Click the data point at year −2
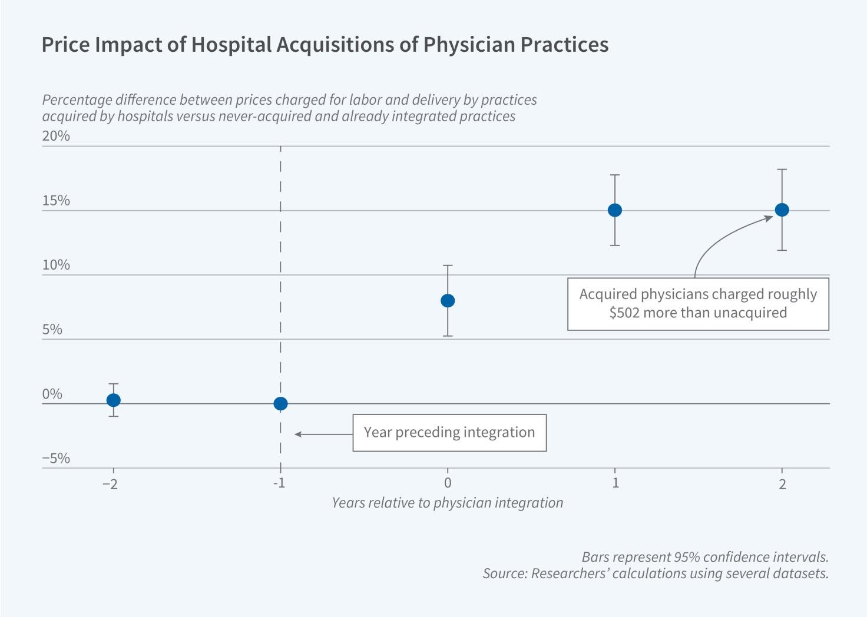[113, 400]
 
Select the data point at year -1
[280, 404]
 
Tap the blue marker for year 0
[448, 301]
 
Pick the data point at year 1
[615, 210]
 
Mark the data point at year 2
[782, 210]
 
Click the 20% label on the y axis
[56, 136]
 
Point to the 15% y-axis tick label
[56, 201]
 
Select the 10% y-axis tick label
[56, 265]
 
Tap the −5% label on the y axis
[56, 458]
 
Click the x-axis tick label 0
[448, 483]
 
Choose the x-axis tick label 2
[782, 484]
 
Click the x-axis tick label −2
[110, 484]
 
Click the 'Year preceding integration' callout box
[449, 433]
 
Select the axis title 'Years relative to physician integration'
[447, 503]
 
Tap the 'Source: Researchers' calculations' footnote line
[656, 573]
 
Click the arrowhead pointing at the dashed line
[297, 434]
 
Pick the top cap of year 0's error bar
[448, 266]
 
